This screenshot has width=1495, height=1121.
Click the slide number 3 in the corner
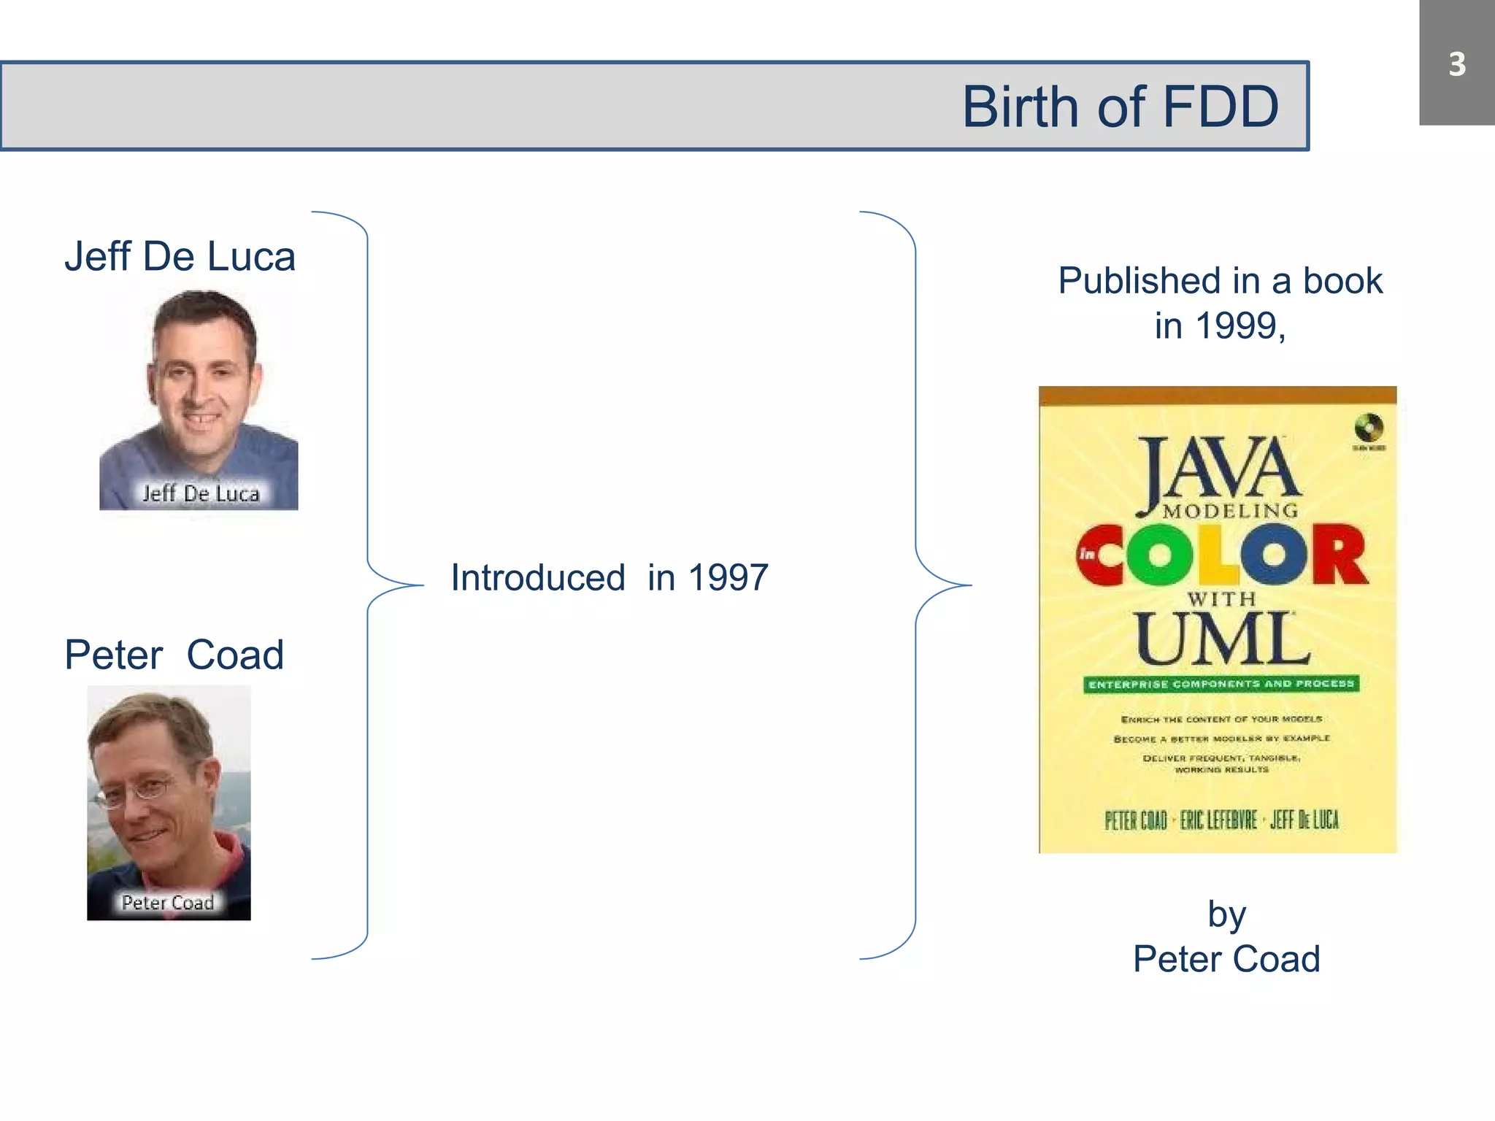[1456, 64]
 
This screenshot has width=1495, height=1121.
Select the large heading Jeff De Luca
[180, 256]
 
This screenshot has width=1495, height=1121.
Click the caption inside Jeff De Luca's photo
[201, 493]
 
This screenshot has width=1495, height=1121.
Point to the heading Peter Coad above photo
[174, 655]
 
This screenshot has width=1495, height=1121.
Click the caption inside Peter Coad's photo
[168, 903]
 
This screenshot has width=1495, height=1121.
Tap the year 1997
[728, 578]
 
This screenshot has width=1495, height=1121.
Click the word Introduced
[538, 578]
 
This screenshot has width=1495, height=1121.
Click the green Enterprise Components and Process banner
[1221, 684]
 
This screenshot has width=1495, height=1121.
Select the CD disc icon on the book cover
[1369, 427]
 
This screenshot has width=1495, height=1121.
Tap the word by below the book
[1226, 914]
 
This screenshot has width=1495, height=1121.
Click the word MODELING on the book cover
[1231, 511]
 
